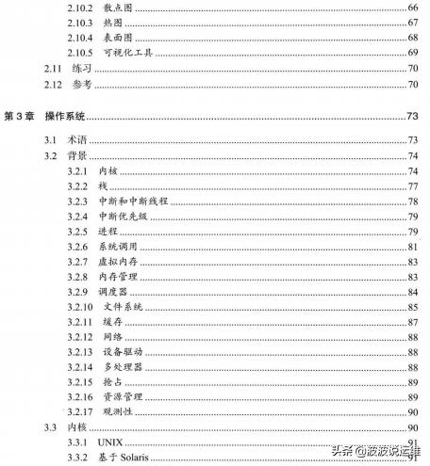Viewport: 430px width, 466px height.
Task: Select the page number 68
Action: [x=412, y=37]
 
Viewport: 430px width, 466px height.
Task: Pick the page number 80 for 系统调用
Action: [x=412, y=247]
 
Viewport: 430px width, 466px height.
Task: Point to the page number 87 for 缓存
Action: [x=412, y=322]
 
